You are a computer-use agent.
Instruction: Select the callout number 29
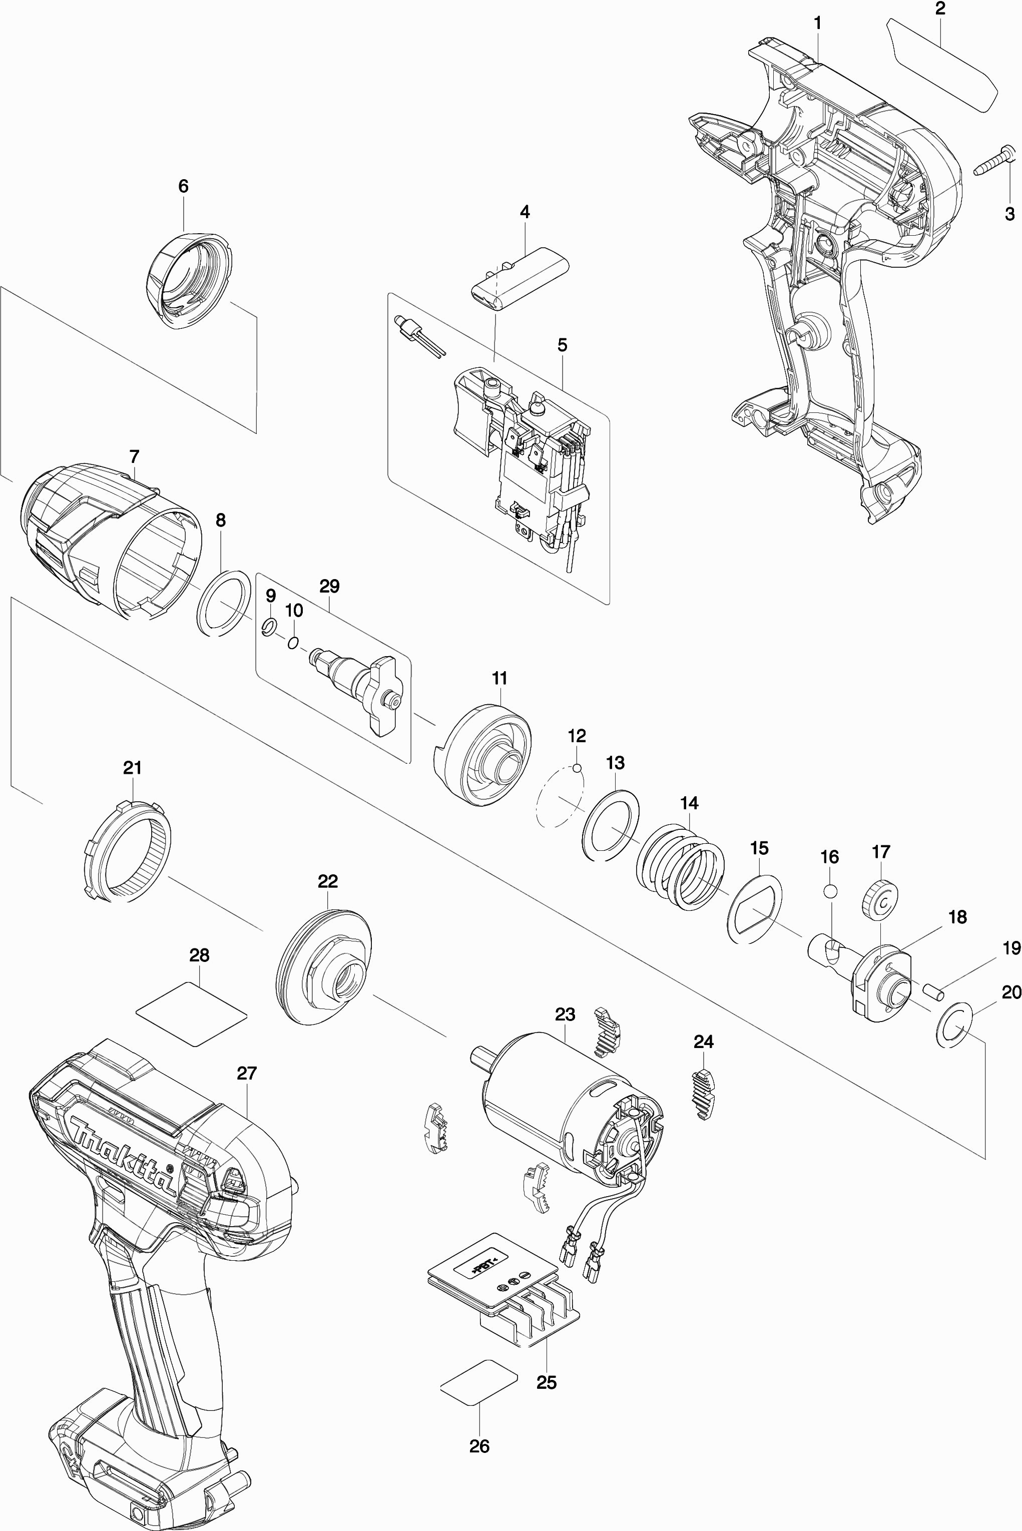[x=329, y=586]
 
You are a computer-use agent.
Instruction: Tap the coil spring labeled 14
[x=681, y=866]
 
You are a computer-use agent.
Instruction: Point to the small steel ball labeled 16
[x=830, y=891]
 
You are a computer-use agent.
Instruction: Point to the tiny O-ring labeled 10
[x=293, y=643]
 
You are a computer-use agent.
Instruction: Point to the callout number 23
[x=565, y=1014]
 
